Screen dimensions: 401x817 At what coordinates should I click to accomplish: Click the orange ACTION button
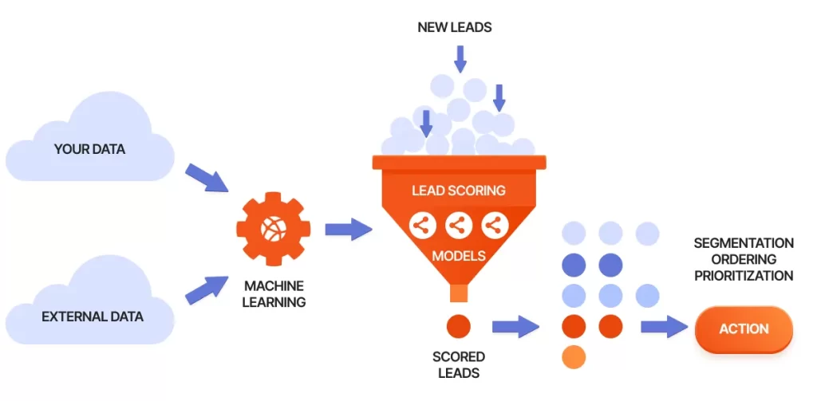[744, 328]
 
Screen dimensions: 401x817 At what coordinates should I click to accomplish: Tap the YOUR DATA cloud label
[89, 149]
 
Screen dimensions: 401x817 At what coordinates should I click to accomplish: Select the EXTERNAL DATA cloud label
[93, 316]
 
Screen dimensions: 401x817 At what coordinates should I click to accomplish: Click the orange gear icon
[272, 230]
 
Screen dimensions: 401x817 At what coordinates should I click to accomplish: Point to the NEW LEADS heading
[455, 27]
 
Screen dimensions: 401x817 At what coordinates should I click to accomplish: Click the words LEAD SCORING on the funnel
[458, 191]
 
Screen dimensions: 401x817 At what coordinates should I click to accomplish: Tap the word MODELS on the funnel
[458, 258]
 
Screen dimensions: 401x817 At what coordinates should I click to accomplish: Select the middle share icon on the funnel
[458, 226]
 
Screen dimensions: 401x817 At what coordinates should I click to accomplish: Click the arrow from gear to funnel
[348, 230]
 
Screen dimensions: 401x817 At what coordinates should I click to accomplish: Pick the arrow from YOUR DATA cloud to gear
[206, 178]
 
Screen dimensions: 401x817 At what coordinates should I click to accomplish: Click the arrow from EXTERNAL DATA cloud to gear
[206, 289]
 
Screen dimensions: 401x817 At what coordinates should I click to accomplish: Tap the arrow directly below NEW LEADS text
[460, 58]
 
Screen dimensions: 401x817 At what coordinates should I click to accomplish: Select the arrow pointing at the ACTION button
[664, 326]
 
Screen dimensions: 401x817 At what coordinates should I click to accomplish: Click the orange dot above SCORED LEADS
[459, 325]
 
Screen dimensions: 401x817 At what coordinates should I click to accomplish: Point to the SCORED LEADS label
[459, 364]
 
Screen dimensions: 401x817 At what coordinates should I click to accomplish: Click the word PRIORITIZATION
[743, 276]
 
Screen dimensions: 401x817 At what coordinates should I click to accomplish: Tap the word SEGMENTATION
[743, 242]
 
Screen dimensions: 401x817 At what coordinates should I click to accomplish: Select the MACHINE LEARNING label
[274, 293]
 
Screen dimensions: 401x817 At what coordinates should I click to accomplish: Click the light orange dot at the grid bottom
[574, 356]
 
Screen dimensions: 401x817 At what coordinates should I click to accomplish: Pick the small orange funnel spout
[459, 293]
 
